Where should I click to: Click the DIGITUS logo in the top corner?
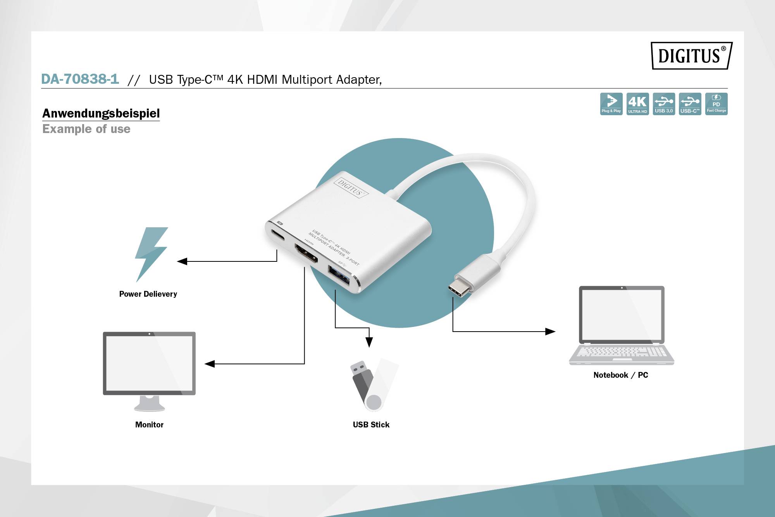691,56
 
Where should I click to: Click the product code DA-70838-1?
80,79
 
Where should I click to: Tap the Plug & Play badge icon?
611,104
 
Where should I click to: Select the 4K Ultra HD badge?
637,104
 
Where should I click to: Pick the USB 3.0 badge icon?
664,104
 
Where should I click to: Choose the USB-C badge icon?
690,104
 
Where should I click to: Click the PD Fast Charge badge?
716,104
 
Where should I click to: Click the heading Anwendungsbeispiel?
101,113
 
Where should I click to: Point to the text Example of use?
86,129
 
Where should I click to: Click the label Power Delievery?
148,294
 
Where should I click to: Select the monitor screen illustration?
149,363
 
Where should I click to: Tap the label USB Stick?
371,425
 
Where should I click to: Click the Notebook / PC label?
620,375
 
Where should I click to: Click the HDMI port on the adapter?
306,254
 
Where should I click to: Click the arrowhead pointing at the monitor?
210,364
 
